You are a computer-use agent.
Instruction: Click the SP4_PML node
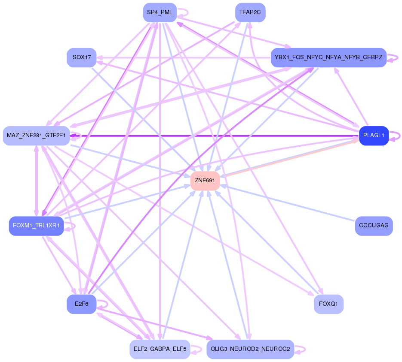point(160,12)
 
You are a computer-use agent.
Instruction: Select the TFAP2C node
point(250,12)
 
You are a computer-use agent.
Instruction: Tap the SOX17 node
point(81,57)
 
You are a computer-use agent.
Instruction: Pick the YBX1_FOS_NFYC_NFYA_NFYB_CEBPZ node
point(328,57)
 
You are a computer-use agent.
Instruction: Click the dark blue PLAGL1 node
point(373,136)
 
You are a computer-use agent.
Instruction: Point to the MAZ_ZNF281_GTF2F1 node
point(36,136)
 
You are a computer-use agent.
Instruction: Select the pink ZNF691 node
point(205,181)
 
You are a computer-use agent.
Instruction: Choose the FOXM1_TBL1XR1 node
point(36,226)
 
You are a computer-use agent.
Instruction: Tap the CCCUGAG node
point(373,226)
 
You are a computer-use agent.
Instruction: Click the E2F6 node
point(81,304)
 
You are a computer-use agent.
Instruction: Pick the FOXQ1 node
point(328,304)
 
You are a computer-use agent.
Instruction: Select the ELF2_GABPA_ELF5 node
point(160,349)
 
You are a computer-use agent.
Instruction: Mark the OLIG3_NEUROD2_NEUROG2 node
point(250,349)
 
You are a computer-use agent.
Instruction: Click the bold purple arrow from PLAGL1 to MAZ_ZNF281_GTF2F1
point(215,136)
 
